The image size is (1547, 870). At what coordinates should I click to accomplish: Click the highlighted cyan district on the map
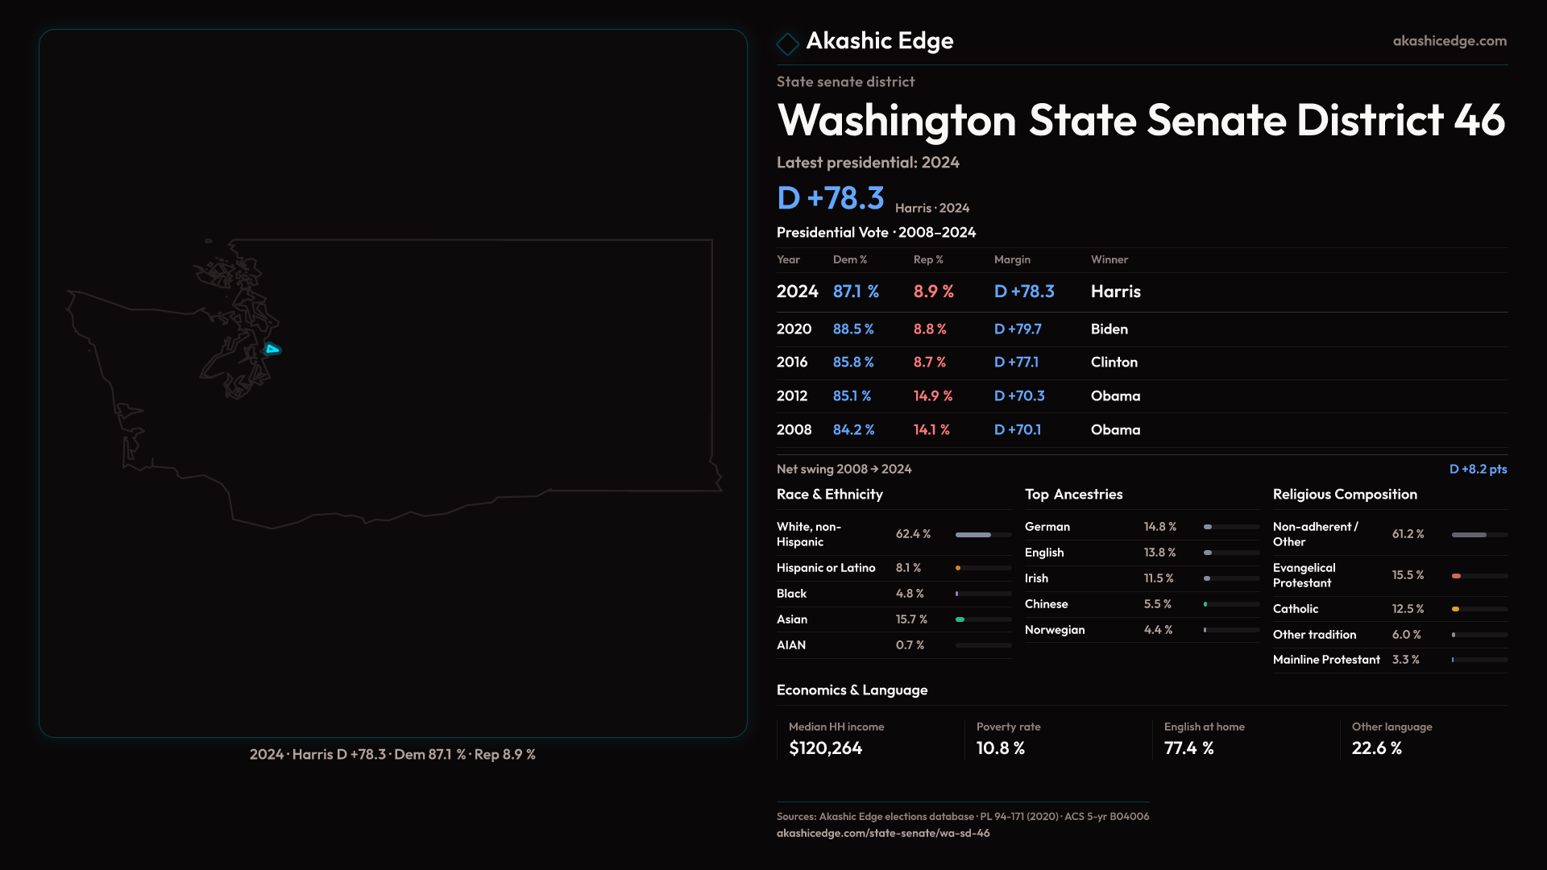coord(272,349)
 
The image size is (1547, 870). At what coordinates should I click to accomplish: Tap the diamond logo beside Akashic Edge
coord(787,43)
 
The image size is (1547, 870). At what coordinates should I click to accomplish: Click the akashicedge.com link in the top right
coord(1450,41)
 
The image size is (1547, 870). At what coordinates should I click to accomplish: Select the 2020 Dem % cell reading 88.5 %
coord(853,329)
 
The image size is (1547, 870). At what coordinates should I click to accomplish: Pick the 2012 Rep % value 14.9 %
coord(933,396)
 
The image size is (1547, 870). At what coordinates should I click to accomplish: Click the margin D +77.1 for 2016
coord(1016,362)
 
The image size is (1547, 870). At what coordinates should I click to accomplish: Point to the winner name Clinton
coord(1114,362)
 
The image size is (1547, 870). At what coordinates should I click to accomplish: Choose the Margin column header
coord(1012,259)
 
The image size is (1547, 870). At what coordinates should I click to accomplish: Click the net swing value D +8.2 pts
coord(1478,469)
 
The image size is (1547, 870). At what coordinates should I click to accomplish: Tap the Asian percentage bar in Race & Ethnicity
coord(983,619)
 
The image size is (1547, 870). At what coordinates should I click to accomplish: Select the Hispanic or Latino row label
coord(826,568)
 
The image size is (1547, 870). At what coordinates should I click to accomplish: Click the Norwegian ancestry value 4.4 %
coord(1158,630)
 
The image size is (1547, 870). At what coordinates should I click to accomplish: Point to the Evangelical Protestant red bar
coord(1457,576)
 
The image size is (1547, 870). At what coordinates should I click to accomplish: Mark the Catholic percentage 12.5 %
coord(1408,609)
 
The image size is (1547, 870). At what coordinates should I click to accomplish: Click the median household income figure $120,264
coord(825,748)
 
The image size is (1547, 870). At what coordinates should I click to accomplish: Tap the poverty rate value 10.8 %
coord(1001,748)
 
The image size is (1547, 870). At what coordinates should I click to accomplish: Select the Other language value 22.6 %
coord(1377,748)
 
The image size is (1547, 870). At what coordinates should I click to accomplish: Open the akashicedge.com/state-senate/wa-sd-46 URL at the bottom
coord(883,834)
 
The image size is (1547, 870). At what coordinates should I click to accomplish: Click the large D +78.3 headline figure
coord(831,198)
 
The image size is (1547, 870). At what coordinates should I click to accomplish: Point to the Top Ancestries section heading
coord(1073,495)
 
